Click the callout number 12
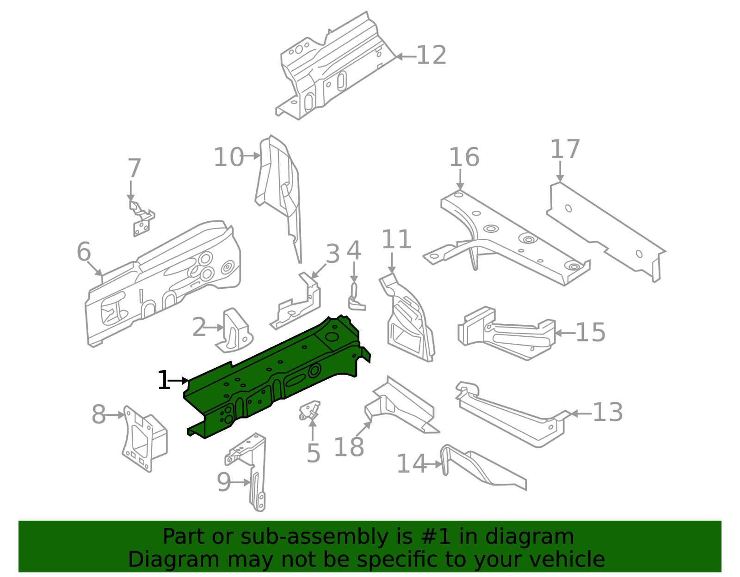point(431,56)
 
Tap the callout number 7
point(134,169)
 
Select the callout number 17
point(564,150)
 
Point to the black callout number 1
point(164,381)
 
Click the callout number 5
point(313,454)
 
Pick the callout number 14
point(411,464)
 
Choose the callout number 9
point(223,483)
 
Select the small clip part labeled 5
point(309,409)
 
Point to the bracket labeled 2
point(236,330)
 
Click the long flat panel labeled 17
point(606,231)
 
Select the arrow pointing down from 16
point(460,179)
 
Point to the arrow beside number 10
point(252,156)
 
